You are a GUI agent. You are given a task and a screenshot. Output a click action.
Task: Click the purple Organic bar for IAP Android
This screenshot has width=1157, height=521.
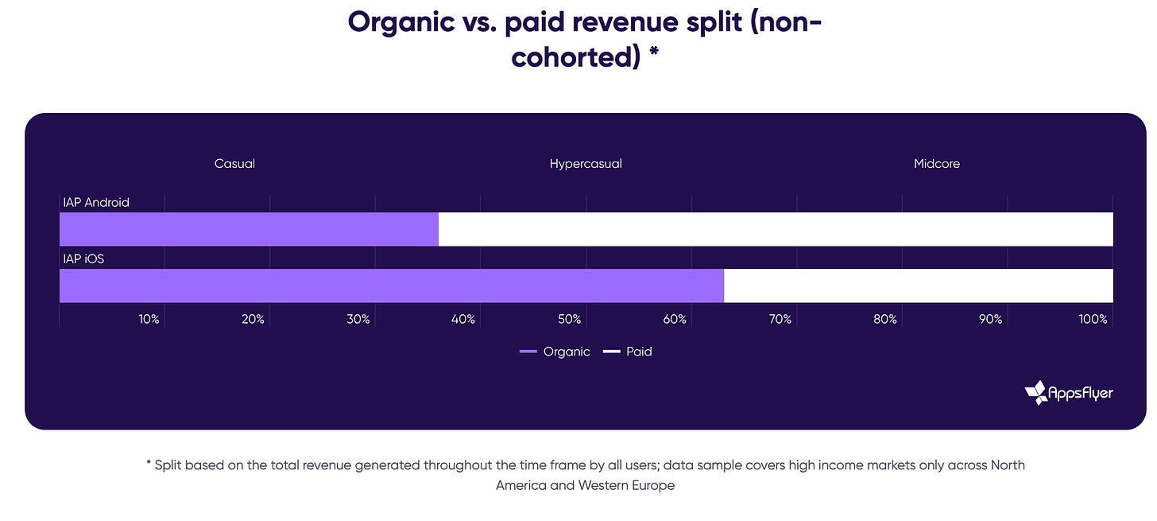(x=249, y=229)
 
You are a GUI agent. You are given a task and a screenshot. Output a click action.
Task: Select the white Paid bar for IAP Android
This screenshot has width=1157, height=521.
(x=776, y=229)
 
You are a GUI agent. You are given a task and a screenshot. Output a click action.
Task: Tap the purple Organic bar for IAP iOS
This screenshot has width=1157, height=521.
(x=392, y=286)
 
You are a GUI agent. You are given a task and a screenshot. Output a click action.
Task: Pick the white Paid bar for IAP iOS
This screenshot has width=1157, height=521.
(x=919, y=286)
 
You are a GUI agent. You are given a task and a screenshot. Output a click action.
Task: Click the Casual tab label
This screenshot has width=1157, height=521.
(x=234, y=164)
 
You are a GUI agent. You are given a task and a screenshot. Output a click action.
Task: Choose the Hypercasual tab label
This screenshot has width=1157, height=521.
(x=586, y=164)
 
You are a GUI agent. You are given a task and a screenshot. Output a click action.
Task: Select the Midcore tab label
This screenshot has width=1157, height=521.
(x=937, y=164)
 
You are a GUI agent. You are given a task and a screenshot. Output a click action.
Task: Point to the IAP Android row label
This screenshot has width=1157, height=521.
(x=96, y=203)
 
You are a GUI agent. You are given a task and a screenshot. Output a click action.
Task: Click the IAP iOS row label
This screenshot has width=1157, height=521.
(x=83, y=259)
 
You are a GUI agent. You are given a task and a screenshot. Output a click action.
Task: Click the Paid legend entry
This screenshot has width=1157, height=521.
(x=628, y=352)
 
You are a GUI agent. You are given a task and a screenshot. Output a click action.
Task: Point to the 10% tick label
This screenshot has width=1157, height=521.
(x=149, y=320)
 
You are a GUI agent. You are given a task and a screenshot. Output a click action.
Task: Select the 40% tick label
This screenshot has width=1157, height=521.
(x=463, y=320)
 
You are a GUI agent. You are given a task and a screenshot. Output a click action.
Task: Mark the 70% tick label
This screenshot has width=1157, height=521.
(x=780, y=320)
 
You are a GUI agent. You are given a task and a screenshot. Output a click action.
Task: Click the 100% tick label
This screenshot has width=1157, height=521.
(x=1093, y=320)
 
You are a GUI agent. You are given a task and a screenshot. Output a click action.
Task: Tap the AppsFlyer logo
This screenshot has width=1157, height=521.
(x=1069, y=392)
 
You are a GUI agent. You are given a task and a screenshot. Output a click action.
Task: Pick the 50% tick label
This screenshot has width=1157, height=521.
(x=569, y=320)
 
